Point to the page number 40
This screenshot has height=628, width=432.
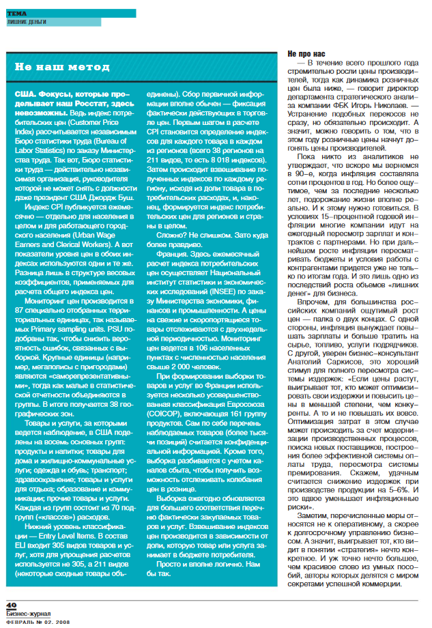click(11, 605)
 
